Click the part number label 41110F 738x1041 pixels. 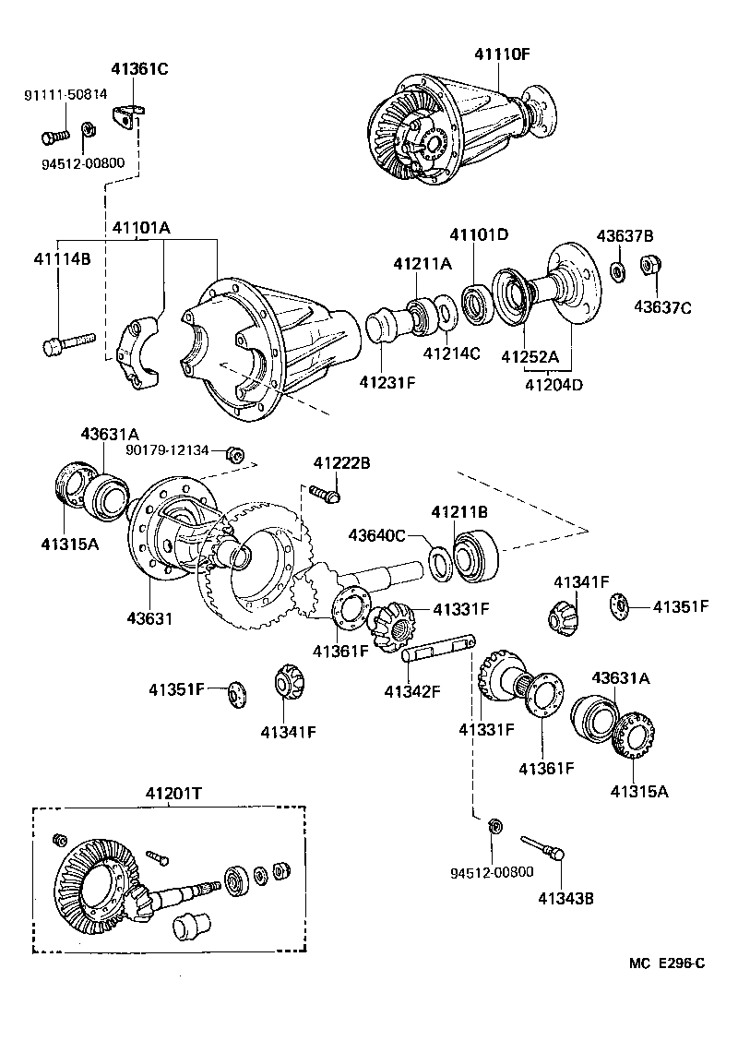coord(503,54)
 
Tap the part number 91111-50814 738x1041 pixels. coord(65,94)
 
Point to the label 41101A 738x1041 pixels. coord(141,227)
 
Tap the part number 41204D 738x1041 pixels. coord(554,385)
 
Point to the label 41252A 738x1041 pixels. coord(530,355)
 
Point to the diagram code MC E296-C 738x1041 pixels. coord(667,963)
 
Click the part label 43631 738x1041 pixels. coord(150,617)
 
